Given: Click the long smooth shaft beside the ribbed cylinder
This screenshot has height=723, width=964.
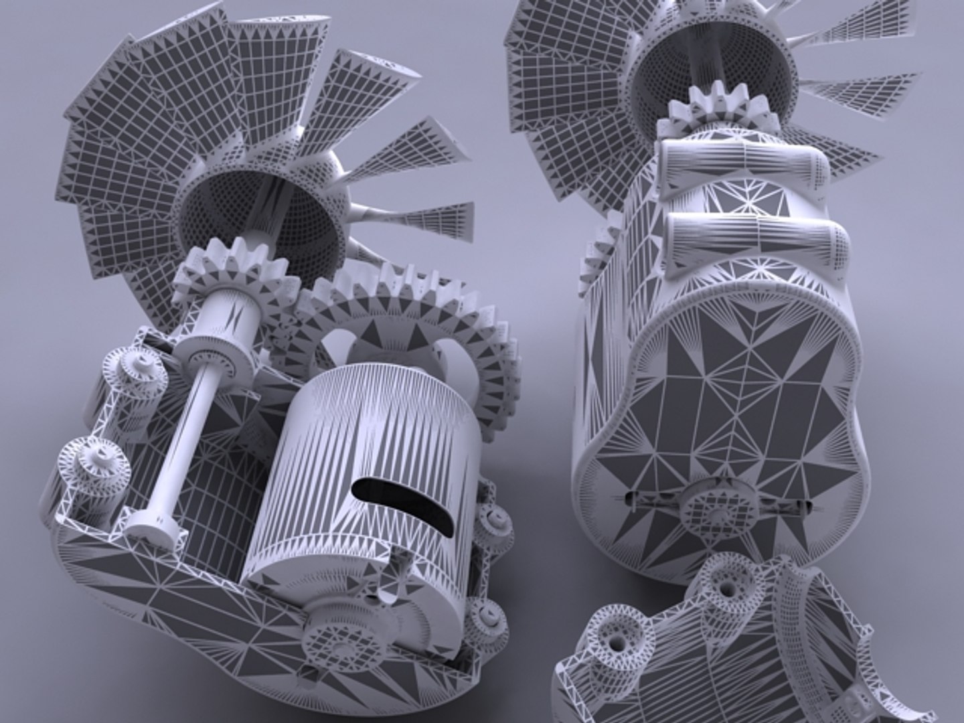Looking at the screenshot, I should pyautogui.click(x=181, y=435).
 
